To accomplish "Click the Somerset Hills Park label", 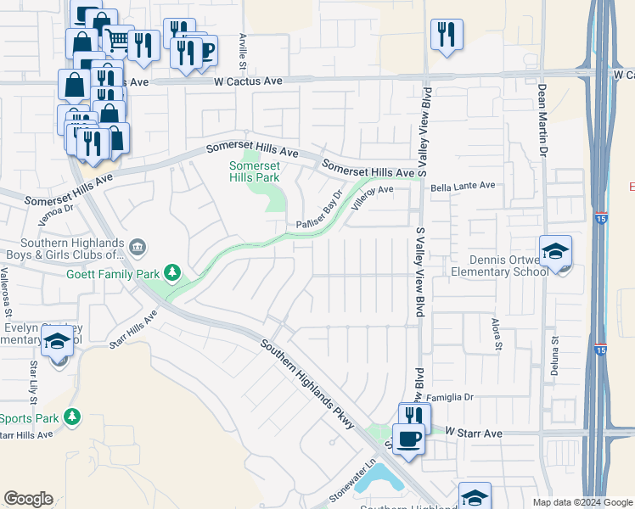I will pos(254,172).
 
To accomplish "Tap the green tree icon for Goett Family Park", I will pos(173,272).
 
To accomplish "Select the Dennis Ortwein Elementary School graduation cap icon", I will pos(556,252).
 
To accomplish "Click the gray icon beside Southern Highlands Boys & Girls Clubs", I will pos(138,248).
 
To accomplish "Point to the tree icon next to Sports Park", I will pos(73,417).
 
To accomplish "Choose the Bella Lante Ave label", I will pos(462,185).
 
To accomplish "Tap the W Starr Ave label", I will pos(474,433).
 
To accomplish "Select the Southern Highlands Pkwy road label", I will pos(307,384).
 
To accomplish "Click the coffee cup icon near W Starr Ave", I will pos(409,439).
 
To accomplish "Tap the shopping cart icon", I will pos(119,39).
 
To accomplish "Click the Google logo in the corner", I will pos(28,499).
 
